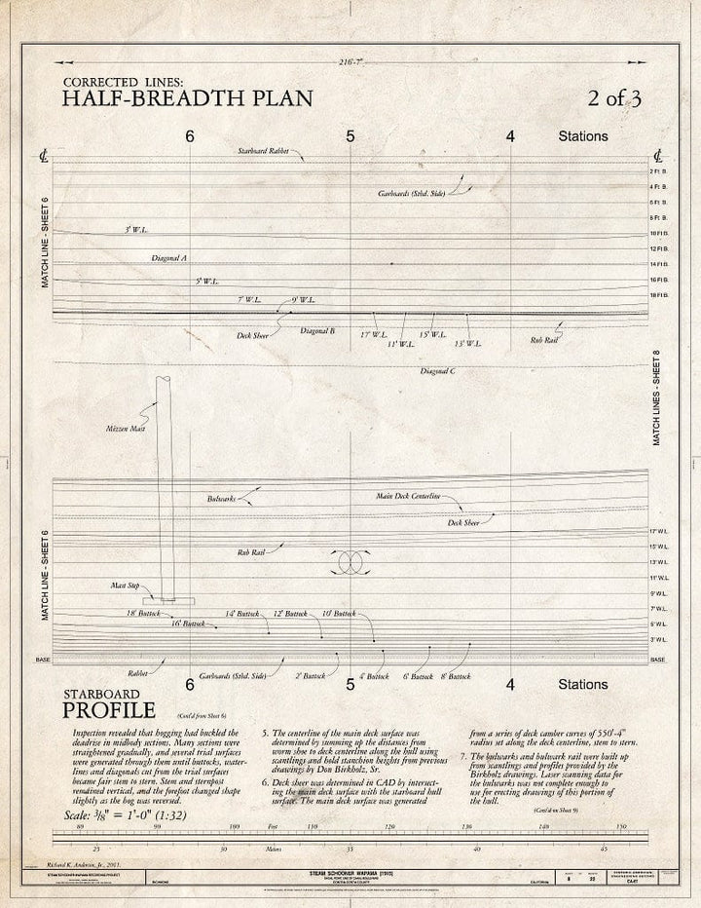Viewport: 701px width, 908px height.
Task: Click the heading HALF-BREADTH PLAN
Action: pos(188,96)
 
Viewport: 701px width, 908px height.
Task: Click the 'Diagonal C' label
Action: pos(437,371)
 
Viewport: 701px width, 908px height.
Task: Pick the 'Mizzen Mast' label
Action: pos(123,429)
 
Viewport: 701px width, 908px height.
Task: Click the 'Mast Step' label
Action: pos(125,586)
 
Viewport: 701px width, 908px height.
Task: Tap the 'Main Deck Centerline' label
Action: pos(408,497)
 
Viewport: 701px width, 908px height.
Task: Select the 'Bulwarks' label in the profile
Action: pos(221,499)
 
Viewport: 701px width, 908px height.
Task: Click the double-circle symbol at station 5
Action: pos(350,562)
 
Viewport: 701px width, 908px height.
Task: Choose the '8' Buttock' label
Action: pos(456,675)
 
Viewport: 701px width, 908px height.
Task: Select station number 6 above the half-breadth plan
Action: pos(190,136)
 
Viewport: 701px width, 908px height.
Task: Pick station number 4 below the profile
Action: pos(510,685)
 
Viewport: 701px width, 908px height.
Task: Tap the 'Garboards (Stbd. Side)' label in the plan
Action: pos(412,193)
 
